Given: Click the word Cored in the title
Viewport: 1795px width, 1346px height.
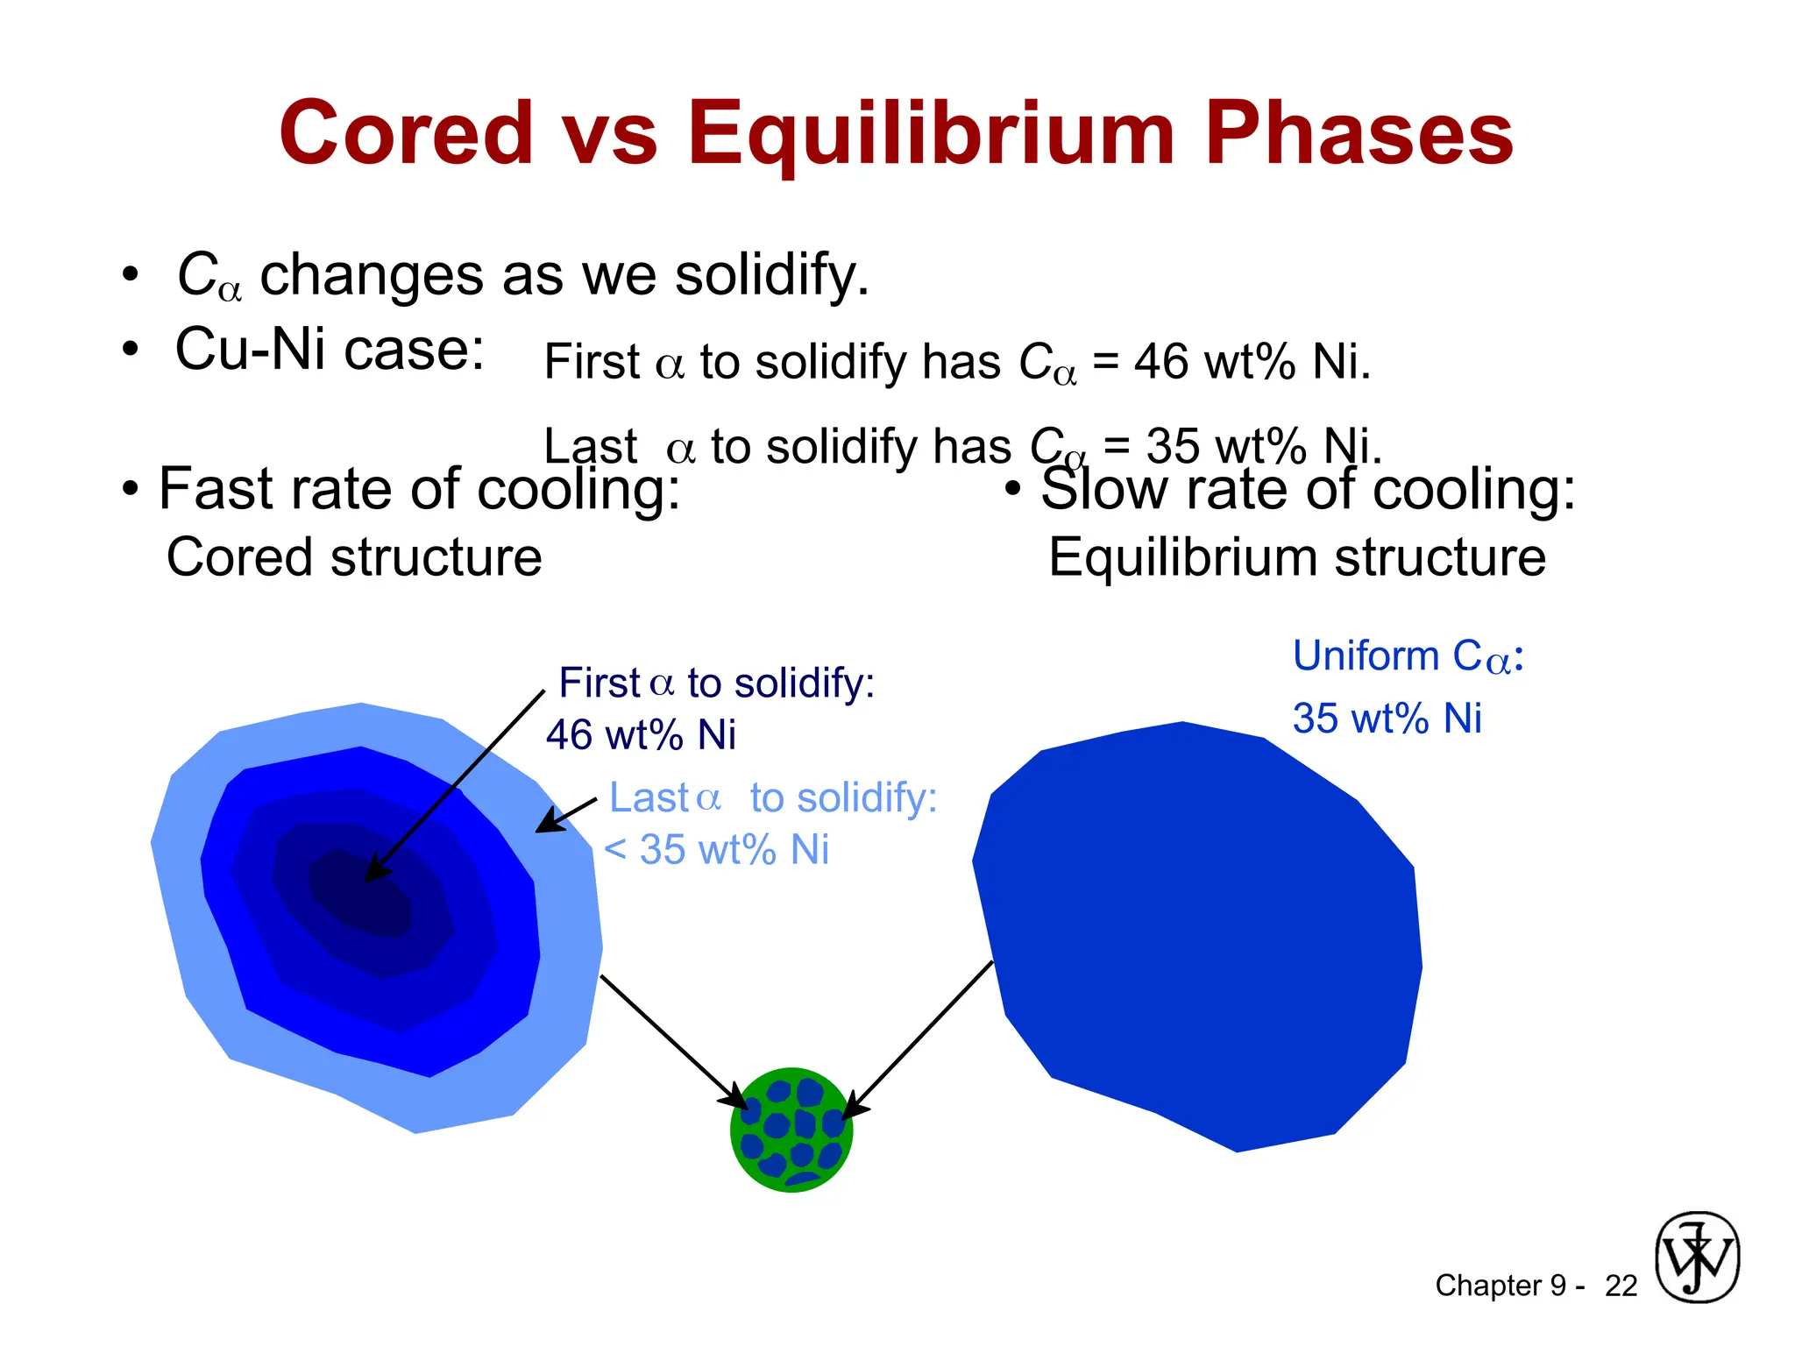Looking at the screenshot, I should click(406, 133).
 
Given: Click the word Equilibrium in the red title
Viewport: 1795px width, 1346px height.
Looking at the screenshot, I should click(930, 133).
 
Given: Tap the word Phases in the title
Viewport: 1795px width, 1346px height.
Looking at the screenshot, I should click(1359, 133).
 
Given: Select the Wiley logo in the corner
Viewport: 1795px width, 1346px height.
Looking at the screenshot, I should click(1697, 1257).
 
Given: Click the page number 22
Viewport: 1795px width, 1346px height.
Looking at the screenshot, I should click(1621, 1286).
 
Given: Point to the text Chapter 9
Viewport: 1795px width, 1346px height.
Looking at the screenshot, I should click(1500, 1286).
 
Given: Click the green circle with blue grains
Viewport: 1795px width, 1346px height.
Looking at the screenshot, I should click(791, 1130).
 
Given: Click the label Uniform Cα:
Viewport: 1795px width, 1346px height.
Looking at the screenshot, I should click(1408, 656).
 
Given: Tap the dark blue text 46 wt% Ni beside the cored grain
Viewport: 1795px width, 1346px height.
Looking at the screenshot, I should click(641, 734).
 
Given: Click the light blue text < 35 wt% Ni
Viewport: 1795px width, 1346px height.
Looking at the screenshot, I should click(716, 849).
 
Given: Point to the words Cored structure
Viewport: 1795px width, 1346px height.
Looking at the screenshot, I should click(354, 557).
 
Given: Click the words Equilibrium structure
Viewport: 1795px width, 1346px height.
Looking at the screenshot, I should click(1296, 557).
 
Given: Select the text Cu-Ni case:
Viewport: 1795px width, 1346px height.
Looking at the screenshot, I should click(330, 349).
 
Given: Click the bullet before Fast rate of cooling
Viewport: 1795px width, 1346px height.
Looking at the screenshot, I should click(131, 490).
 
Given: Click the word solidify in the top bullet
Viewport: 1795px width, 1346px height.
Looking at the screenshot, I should click(766, 274).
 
